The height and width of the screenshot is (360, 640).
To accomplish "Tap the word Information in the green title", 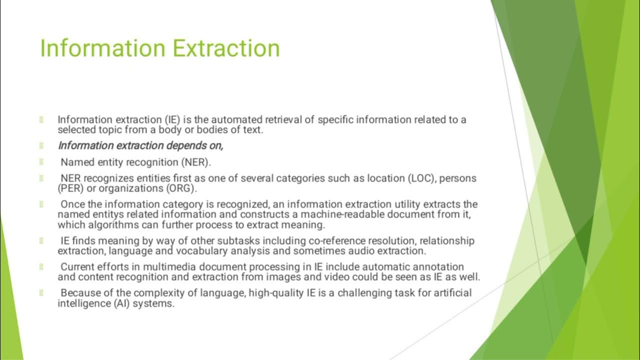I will coord(102,48).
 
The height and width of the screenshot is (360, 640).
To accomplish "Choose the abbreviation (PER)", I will coord(70,188).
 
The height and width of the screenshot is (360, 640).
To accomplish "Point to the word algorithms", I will coord(112,224).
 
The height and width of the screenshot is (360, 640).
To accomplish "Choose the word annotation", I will coord(438,267).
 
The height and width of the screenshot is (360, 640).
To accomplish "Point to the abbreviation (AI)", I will coord(117,303).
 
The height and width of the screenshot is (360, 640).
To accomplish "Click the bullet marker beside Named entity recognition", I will coord(41,162).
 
